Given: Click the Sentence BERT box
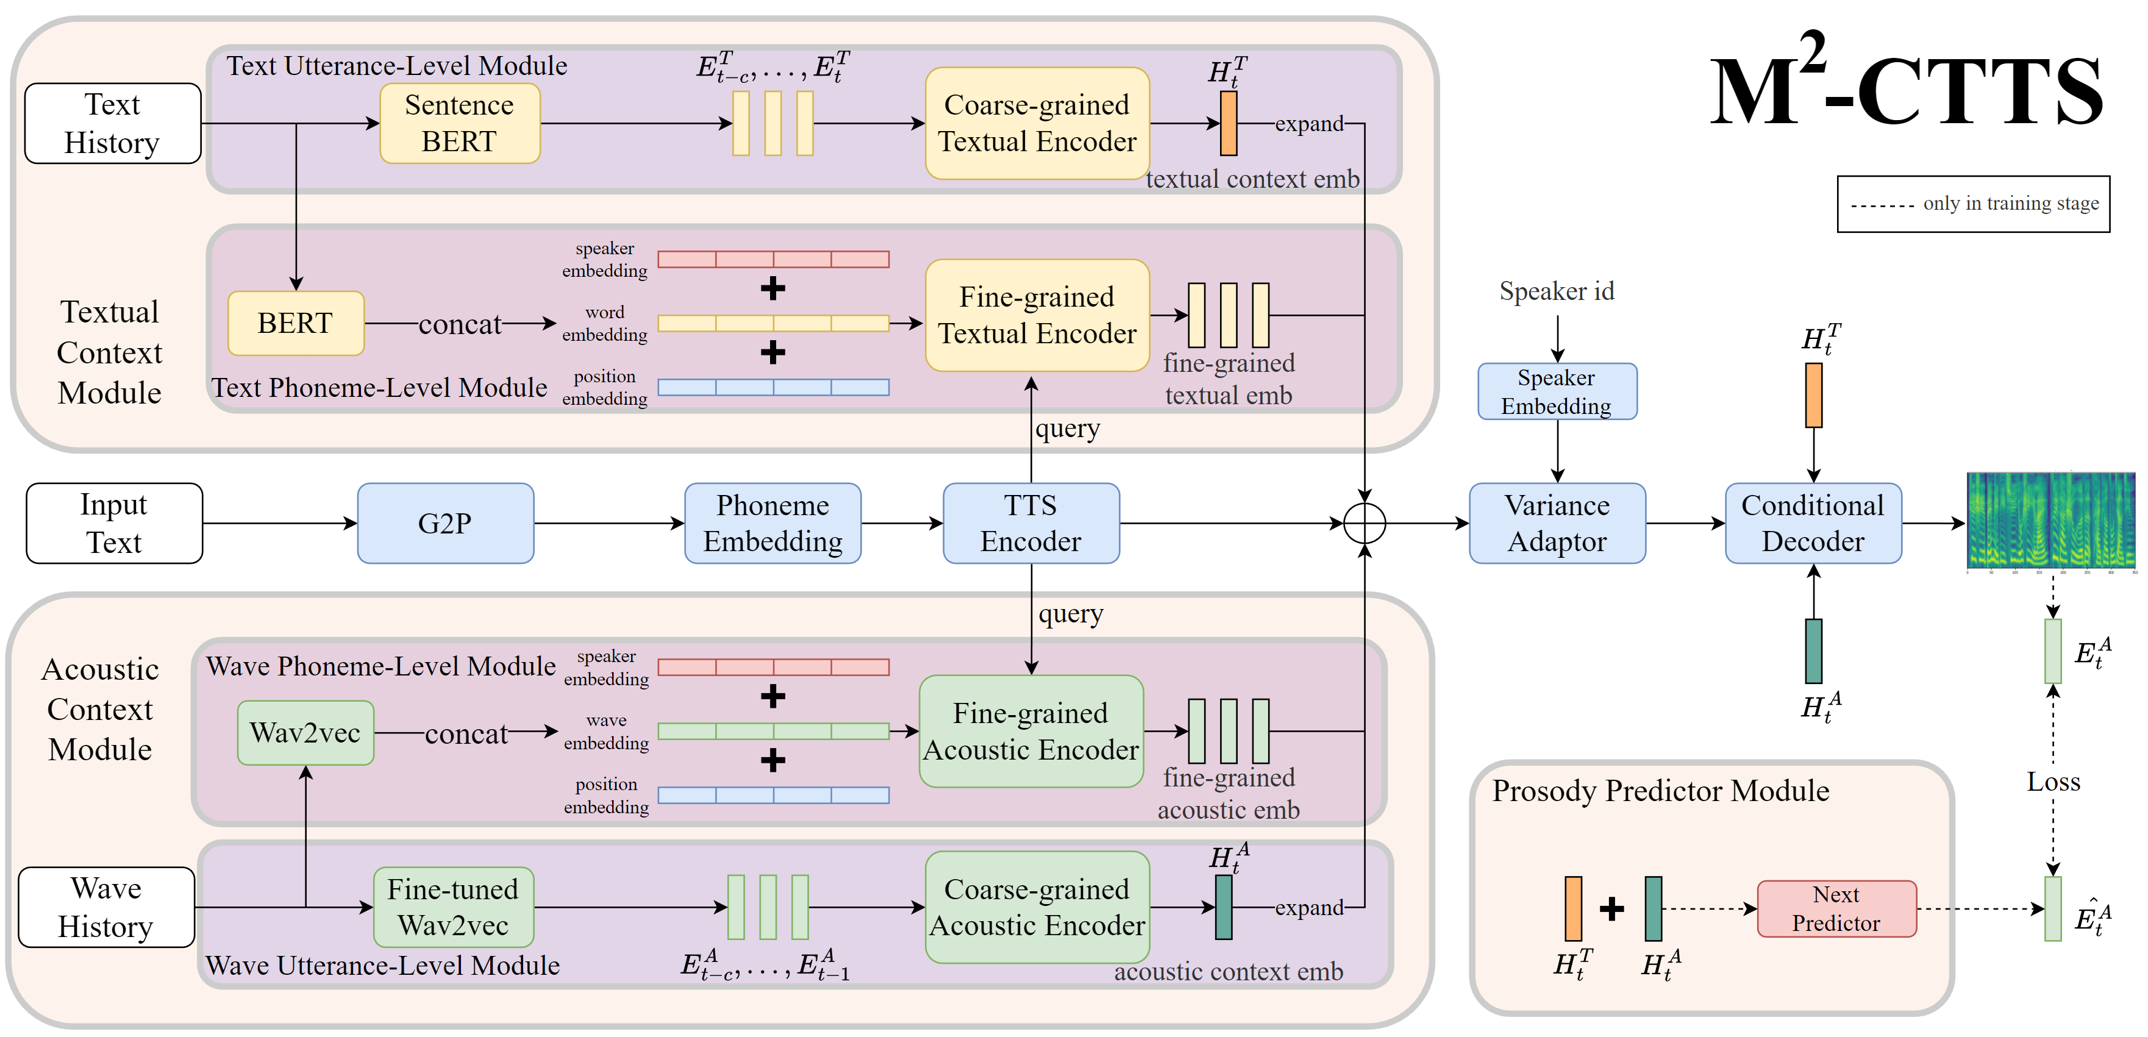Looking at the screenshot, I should tap(460, 123).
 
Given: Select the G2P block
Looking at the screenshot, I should tap(445, 524).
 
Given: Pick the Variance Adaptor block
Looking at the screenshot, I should tap(1557, 524).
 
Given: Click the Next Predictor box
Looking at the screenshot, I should tap(1836, 908).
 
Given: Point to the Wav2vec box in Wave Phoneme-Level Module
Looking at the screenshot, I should tap(305, 733).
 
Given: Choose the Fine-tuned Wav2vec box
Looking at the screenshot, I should tap(453, 907).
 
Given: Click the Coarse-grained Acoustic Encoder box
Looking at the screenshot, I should tap(1037, 907).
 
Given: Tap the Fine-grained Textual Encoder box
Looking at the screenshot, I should tap(1037, 315).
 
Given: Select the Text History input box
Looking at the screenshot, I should tap(113, 123).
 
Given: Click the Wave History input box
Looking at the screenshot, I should tap(106, 907).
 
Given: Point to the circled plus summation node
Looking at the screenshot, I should tap(1364, 524).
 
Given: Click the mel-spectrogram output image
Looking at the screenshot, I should tap(2050, 522).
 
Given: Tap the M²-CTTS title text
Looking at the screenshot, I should tap(1905, 88).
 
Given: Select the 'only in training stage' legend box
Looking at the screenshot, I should tap(1973, 204).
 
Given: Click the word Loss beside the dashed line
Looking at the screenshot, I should tap(2053, 782).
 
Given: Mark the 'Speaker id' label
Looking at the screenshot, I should tap(1556, 291).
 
